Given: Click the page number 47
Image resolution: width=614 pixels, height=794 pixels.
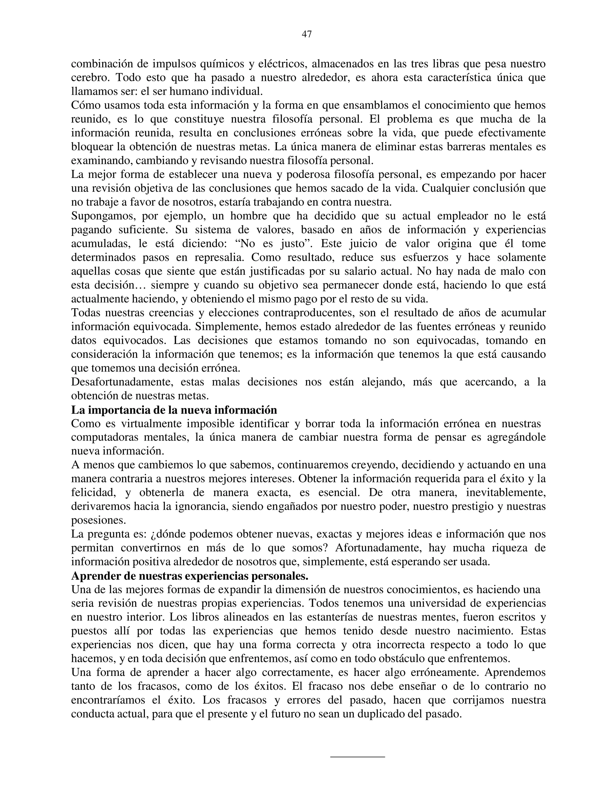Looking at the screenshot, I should (x=307, y=34).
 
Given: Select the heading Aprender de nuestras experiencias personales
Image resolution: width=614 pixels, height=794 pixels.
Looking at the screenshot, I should (x=189, y=576).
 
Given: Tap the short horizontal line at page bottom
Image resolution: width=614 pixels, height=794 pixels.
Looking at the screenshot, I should (x=357, y=757).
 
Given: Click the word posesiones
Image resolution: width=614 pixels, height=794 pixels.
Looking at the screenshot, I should (x=98, y=520).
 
